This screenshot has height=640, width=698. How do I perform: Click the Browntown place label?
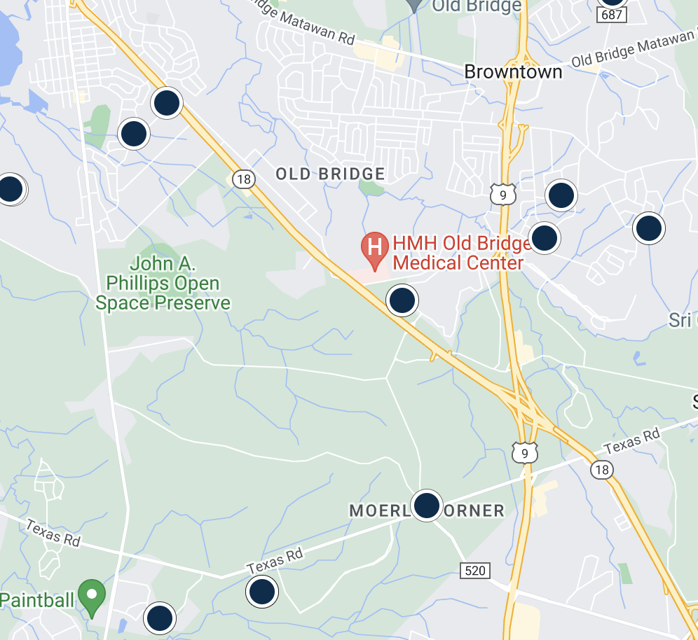tap(513, 71)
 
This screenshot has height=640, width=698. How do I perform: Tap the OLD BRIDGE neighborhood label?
tap(330, 174)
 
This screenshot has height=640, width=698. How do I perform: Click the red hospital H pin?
tap(375, 249)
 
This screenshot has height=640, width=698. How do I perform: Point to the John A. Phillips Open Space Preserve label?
tap(163, 284)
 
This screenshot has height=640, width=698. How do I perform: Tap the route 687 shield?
tap(612, 14)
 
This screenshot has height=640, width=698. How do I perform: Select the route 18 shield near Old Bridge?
tap(243, 179)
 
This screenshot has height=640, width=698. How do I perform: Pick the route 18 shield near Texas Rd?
tap(601, 469)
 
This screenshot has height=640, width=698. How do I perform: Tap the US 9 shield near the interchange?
tap(523, 452)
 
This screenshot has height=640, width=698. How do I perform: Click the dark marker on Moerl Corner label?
tap(426, 505)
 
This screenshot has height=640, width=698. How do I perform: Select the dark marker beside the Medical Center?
tap(402, 300)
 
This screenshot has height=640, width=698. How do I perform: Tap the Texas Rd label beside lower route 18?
tap(632, 440)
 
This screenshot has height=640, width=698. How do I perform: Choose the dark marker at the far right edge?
tap(649, 228)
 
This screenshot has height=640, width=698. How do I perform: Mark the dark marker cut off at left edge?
tap(11, 189)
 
